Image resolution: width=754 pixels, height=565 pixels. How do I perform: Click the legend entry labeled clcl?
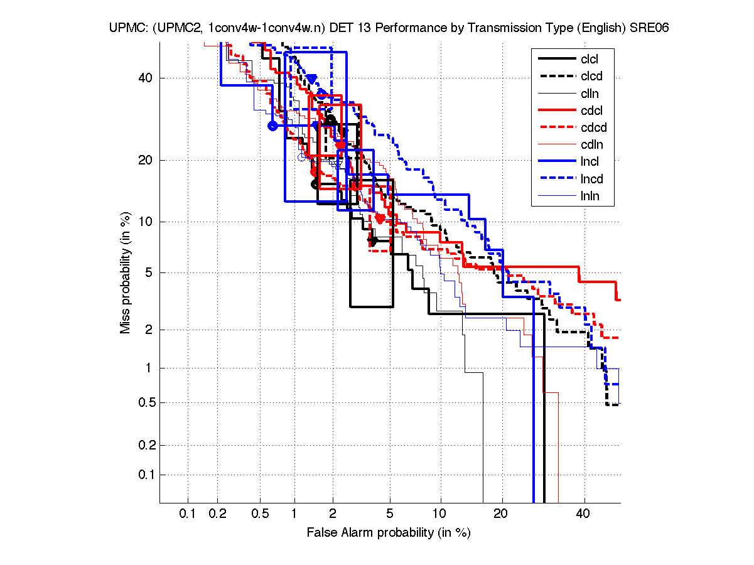(x=590, y=59)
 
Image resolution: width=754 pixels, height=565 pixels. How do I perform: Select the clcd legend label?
(x=590, y=76)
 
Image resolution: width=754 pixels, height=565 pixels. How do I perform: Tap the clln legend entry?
(x=590, y=94)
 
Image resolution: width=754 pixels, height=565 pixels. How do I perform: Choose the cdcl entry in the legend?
(x=590, y=110)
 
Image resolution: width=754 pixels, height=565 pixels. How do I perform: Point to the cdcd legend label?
(x=590, y=127)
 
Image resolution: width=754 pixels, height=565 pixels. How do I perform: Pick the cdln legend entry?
(x=590, y=144)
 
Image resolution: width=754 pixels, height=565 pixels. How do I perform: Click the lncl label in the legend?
(x=590, y=162)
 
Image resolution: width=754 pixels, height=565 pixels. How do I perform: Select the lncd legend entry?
(x=590, y=179)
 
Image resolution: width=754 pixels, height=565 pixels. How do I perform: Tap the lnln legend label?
(x=590, y=196)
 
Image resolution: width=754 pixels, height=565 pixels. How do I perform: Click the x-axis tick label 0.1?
(x=188, y=514)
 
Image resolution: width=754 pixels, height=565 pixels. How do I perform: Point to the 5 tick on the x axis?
(x=390, y=514)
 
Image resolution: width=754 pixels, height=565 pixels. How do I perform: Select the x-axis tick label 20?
(x=500, y=514)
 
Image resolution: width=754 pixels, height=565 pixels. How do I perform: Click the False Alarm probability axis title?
(x=389, y=533)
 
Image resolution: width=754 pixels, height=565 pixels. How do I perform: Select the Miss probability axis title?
(x=126, y=272)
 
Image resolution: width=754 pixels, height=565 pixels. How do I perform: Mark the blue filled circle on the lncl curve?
(x=272, y=126)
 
